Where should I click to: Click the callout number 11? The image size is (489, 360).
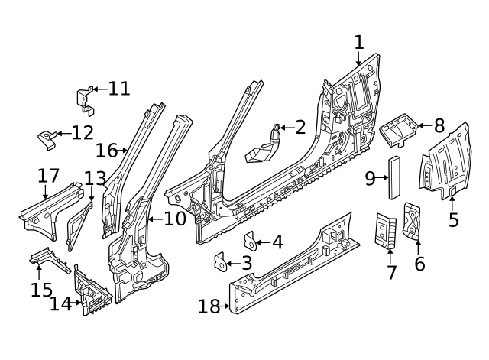click(119, 89)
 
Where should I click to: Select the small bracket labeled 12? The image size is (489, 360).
click(47, 139)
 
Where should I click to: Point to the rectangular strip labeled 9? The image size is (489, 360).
click(394, 177)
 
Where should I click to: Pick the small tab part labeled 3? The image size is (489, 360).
click(220, 262)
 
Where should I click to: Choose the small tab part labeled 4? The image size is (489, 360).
click(250, 241)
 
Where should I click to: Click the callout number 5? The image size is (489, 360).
click(453, 219)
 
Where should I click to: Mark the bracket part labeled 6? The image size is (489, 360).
click(412, 221)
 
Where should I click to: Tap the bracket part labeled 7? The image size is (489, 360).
click(385, 231)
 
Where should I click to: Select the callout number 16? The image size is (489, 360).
click(106, 151)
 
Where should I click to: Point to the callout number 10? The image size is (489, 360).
click(175, 219)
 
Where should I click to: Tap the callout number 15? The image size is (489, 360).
click(41, 290)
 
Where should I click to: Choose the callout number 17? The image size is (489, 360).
click(48, 176)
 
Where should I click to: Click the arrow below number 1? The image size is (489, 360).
click(358, 59)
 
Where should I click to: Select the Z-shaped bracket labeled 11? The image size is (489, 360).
click(85, 101)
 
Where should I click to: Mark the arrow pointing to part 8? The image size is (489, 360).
click(425, 125)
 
